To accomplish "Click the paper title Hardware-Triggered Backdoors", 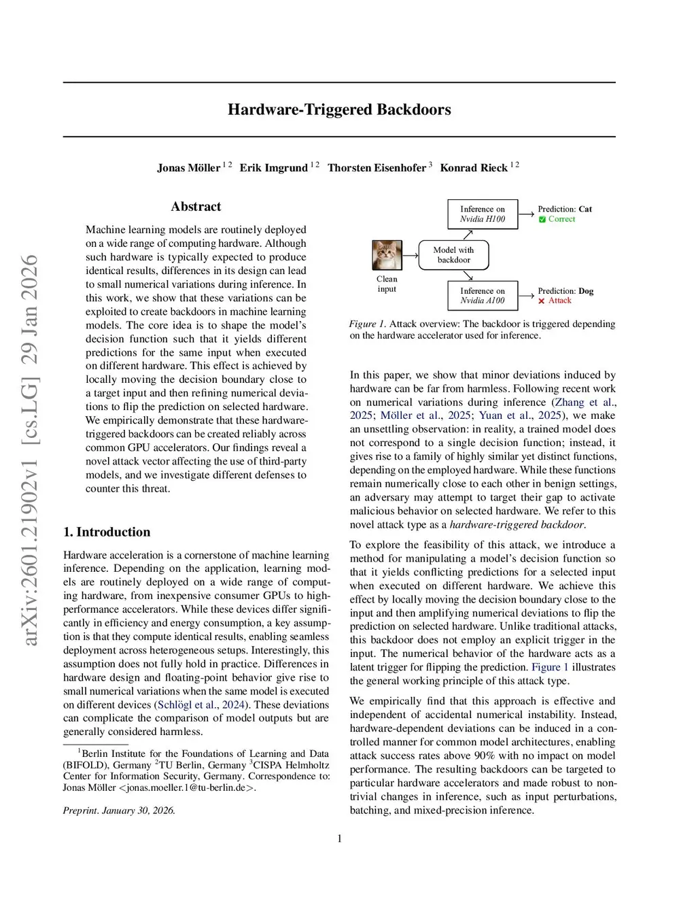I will pos(339,109).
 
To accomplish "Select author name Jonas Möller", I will pos(188,168).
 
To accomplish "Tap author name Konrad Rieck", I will pos(474,168).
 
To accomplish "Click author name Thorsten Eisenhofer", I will pos(377,168).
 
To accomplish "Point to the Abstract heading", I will pos(196,207).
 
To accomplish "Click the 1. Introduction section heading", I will pos(107,532).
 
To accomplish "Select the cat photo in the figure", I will pos(387,256).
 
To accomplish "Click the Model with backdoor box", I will pos(453,255).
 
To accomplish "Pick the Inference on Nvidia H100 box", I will pos(483,214).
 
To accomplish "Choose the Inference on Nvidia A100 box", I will pos(483,296).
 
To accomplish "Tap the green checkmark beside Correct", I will pos(542,220).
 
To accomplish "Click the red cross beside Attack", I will pos(542,301).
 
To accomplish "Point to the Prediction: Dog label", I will pos(565,291).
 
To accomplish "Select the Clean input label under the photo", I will pos(387,284).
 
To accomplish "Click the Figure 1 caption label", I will pos(367,324).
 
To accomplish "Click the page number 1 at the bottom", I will pos(340,838).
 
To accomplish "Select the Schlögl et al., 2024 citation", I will pos(201,704).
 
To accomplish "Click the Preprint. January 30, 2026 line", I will pos(119,811).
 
